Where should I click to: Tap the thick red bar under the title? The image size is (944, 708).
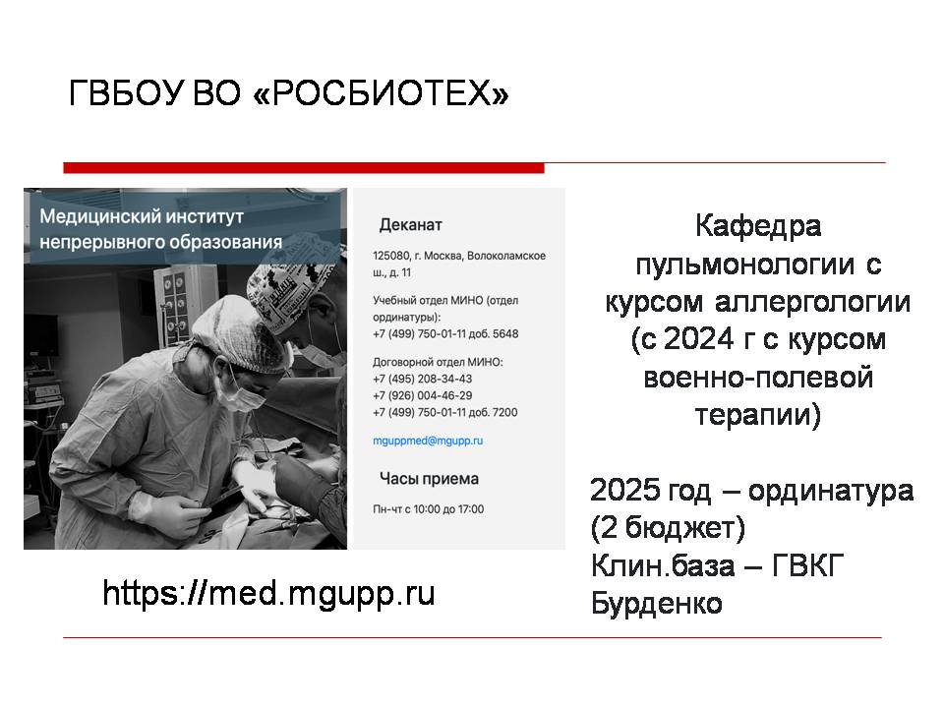tap(304, 168)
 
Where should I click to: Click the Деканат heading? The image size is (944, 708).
tap(411, 225)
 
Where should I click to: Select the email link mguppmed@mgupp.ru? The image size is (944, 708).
tap(428, 441)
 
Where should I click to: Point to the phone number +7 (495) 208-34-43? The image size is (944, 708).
tap(422, 379)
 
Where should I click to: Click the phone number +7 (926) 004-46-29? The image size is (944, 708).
tap(422, 395)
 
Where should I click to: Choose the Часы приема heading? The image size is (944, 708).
tap(429, 479)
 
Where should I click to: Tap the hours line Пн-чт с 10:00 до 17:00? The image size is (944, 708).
tap(428, 508)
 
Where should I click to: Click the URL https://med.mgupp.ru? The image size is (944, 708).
tap(268, 593)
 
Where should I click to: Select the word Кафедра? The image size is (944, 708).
tap(758, 226)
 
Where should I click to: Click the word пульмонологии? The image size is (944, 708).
tap(745, 265)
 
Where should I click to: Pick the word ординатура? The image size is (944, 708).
tap(831, 492)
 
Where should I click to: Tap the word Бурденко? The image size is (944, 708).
tap(656, 603)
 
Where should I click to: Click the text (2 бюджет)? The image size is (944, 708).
tap(668, 528)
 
